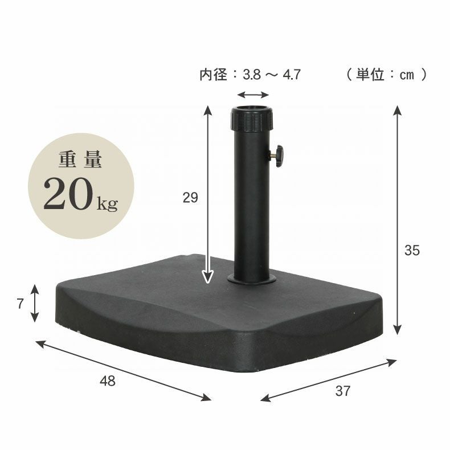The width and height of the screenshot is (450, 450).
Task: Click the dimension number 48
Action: [x=107, y=382]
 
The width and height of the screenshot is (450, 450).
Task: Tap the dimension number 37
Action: [x=342, y=391]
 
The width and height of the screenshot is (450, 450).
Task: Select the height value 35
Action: [x=412, y=250]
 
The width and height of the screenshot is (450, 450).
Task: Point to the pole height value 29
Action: [x=190, y=198]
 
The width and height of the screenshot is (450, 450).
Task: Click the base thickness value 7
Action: [x=20, y=304]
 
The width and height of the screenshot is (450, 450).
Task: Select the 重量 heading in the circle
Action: [x=80, y=161]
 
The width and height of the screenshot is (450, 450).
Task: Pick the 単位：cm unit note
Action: [x=386, y=74]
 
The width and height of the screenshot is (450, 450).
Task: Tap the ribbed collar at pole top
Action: [x=251, y=118]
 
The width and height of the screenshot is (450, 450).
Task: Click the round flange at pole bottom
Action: [x=251, y=279]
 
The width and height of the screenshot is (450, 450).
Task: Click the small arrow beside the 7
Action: [x=35, y=304]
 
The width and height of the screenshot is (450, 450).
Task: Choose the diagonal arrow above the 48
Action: [x=123, y=370]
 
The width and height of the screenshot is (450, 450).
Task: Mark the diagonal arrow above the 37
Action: [x=329, y=379]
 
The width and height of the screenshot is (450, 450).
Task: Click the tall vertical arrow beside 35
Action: [x=398, y=221]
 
